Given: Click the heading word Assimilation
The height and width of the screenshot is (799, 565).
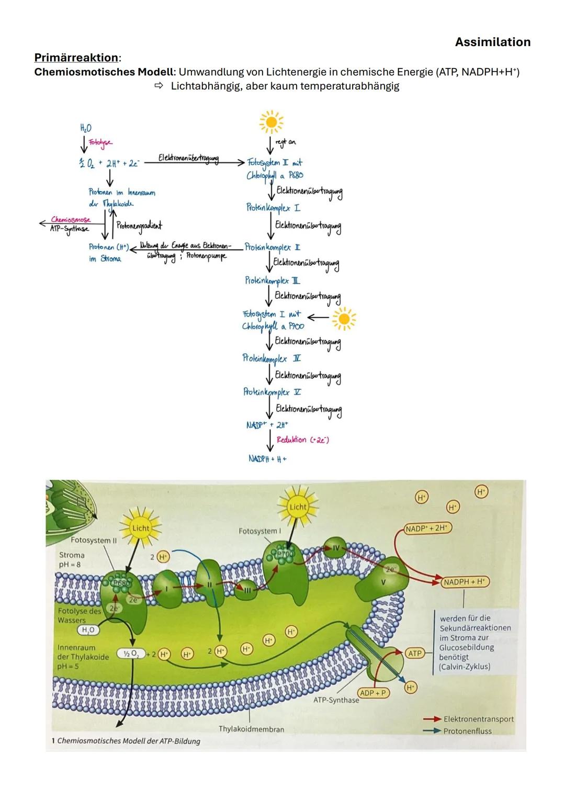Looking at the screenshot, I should (x=492, y=42).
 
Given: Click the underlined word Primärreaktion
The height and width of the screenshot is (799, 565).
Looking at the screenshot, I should (x=76, y=57).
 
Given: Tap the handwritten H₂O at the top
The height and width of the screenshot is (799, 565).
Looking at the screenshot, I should (x=85, y=128).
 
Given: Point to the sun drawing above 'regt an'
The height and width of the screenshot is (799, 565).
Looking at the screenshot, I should (x=271, y=122).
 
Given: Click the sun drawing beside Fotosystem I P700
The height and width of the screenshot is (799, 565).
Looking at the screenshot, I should (x=344, y=318).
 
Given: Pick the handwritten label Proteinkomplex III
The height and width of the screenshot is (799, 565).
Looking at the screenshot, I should (x=272, y=280).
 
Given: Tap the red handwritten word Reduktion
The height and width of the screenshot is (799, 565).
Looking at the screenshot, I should (x=291, y=440).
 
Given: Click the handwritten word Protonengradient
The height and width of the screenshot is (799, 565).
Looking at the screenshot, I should (x=140, y=226).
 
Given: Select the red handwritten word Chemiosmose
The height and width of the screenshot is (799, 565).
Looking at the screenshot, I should (x=71, y=220).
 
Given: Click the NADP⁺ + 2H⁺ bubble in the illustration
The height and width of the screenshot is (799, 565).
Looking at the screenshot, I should (x=427, y=528).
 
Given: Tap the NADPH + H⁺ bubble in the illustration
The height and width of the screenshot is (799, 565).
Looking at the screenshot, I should (x=465, y=582).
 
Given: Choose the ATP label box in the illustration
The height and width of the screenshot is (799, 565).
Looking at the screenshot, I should (x=415, y=653).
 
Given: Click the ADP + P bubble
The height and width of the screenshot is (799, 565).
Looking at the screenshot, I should (x=373, y=693).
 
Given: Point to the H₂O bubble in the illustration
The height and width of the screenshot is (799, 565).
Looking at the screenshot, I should (x=88, y=631).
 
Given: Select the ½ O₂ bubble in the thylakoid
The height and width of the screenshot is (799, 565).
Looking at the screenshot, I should (x=130, y=654).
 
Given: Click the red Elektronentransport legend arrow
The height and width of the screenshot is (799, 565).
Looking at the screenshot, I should (x=432, y=719).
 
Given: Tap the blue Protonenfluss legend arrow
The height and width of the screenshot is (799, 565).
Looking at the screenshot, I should (x=432, y=731).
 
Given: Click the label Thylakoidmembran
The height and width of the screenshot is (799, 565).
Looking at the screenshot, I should (x=251, y=729).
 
